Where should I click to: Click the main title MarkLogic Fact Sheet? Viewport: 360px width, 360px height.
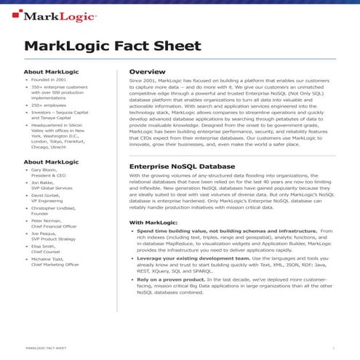click(x=113, y=47)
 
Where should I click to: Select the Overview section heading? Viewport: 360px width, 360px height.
click(x=145, y=72)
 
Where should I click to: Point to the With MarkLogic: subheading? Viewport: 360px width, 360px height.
click(x=153, y=222)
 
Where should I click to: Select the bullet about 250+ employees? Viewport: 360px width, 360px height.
click(x=49, y=104)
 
